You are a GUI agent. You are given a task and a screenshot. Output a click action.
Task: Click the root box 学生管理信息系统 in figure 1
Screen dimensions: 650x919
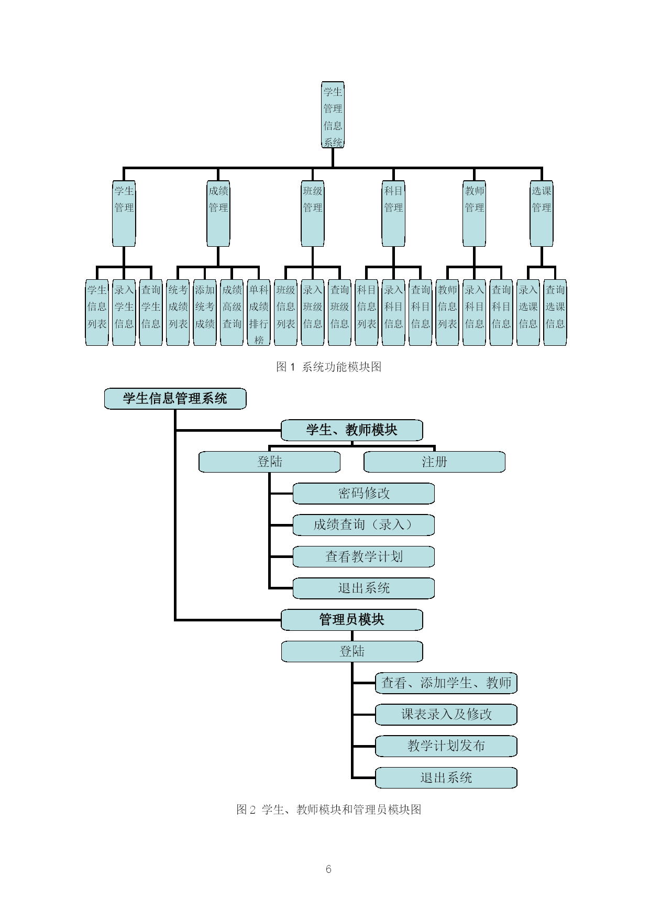coord(333,115)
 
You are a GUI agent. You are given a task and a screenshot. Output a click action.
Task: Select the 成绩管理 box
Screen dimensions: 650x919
coord(218,214)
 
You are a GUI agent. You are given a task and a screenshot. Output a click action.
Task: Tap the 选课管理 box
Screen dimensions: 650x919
coord(542,214)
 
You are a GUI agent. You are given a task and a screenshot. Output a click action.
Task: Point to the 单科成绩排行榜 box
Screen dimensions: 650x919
coord(259,313)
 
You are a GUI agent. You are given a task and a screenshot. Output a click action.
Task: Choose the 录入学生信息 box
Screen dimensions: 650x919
coord(124,313)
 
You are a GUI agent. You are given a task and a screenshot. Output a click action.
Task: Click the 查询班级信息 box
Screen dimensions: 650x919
coord(339,313)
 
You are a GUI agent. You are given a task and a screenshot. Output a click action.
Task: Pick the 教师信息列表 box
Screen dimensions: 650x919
coord(447,313)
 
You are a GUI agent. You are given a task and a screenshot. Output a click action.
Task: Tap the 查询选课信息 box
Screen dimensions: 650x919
coord(555,313)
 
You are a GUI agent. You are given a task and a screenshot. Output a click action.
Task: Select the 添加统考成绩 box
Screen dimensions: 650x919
coord(205,313)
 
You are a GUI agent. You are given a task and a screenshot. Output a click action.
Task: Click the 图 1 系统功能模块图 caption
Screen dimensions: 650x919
coord(329,367)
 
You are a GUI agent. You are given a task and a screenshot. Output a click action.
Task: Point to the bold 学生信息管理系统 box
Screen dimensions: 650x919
coord(175,399)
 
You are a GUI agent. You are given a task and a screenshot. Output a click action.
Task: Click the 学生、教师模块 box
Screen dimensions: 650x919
coord(352,430)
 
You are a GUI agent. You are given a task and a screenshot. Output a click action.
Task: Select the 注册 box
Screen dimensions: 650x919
coord(435,462)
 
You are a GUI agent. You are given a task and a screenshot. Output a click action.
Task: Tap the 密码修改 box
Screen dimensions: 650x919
coord(364,494)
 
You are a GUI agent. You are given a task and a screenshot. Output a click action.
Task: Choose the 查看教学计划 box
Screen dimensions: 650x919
coord(364,556)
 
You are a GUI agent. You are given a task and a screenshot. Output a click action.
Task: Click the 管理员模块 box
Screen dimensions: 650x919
coord(352,620)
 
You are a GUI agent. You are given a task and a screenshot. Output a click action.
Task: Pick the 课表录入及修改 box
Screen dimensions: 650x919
coord(446,715)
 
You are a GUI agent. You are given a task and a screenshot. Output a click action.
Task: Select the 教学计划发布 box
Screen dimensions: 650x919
coord(446,746)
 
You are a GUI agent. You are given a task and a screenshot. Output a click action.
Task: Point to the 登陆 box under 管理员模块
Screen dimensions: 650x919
coord(352,651)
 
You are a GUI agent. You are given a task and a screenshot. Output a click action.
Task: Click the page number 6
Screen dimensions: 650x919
coord(328,869)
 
